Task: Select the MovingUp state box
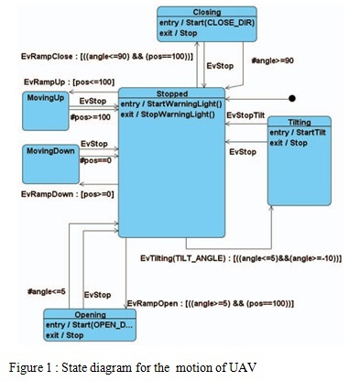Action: coord(47,109)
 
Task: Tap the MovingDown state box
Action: coord(47,162)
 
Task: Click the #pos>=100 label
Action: coord(89,117)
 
